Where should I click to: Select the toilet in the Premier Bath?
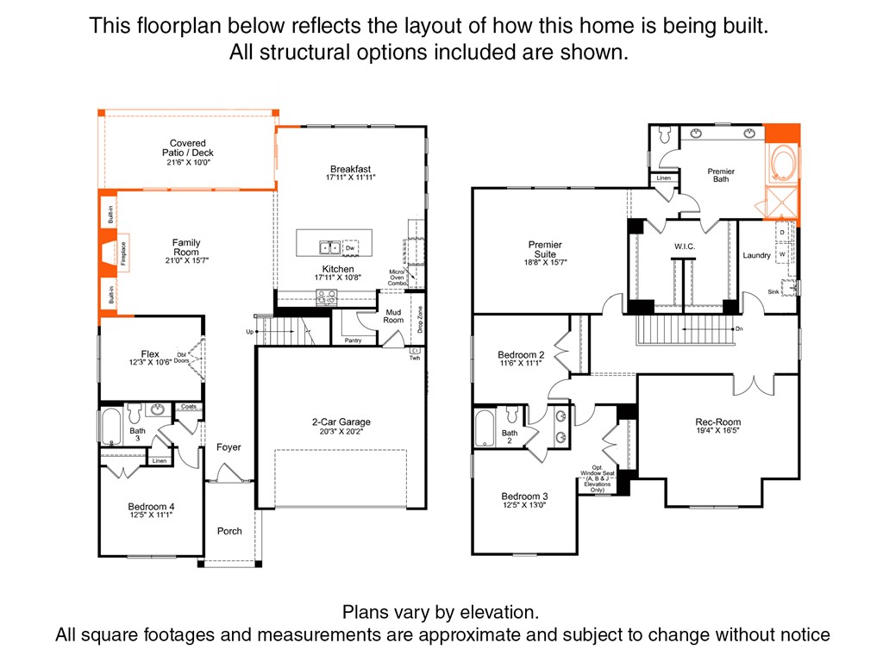(664, 136)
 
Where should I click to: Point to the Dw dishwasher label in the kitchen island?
(350, 247)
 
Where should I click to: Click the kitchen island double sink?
(329, 247)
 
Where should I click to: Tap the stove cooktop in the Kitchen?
(327, 297)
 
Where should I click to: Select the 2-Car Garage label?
(341, 422)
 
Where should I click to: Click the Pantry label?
(353, 340)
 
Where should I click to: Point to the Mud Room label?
(393, 315)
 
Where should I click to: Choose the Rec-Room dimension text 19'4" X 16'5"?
(717, 433)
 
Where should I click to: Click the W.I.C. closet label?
(685, 247)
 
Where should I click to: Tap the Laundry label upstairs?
(756, 255)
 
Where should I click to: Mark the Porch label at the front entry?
(229, 531)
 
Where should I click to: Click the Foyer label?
(229, 447)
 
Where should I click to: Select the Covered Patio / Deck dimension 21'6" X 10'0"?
(188, 162)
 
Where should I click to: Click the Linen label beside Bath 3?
(159, 461)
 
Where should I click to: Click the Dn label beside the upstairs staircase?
(738, 328)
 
